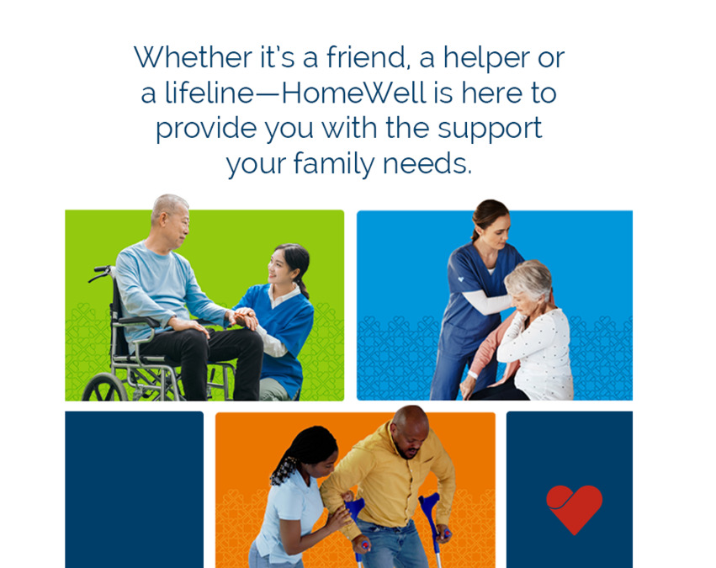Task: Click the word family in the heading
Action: coord(335,163)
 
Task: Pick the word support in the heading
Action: coord(487,128)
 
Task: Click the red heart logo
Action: coord(574,508)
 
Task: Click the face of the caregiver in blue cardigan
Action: coord(283,269)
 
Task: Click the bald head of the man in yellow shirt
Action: coord(410,421)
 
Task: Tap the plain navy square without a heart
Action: coord(134,489)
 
